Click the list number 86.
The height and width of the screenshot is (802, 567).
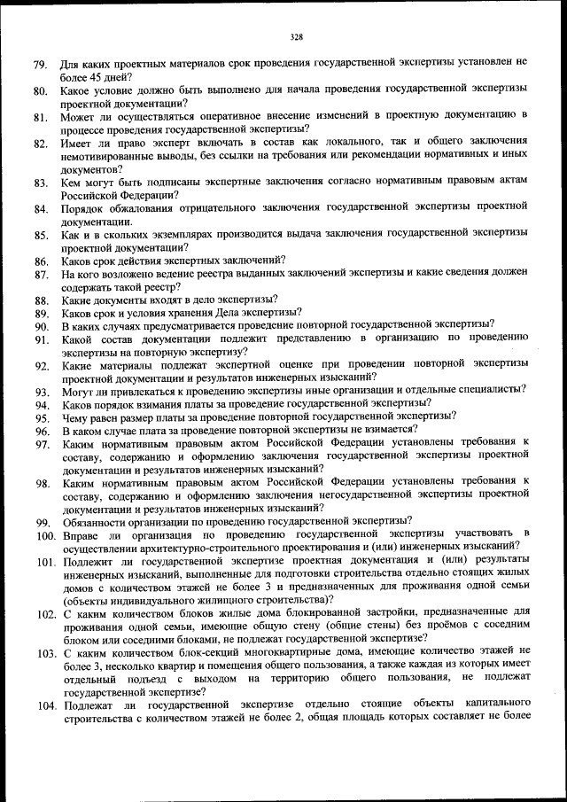pos(41,261)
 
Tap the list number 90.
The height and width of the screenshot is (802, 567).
pos(41,326)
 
